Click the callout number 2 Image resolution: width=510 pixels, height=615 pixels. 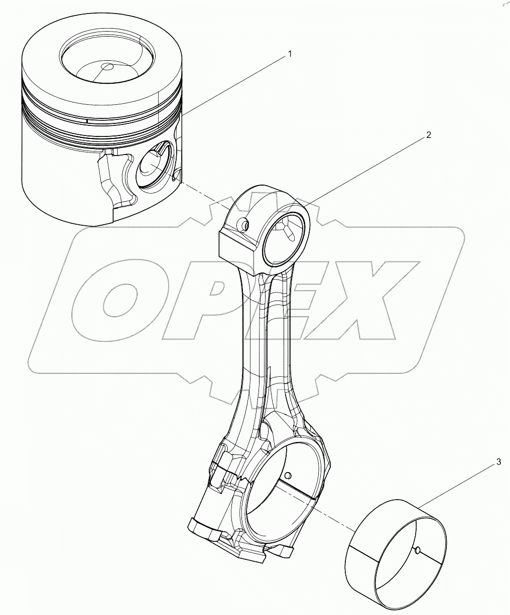428,135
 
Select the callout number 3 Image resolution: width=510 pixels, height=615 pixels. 498,462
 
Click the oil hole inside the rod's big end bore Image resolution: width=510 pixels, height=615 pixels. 288,475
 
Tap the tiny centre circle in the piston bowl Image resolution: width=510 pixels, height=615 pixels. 107,67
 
